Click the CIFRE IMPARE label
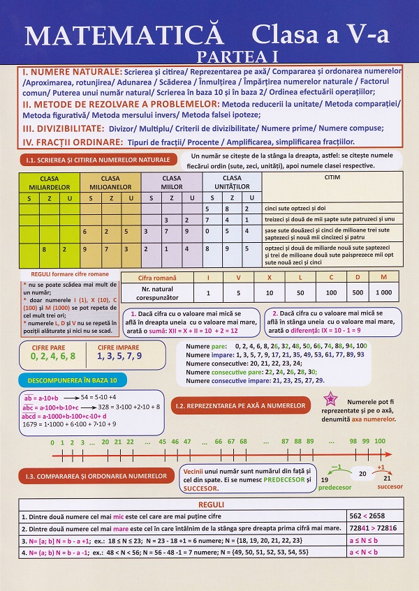119,346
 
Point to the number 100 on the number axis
380,441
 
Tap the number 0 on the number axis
53,442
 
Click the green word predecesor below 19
335,488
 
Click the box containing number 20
362,474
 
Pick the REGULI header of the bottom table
211,504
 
